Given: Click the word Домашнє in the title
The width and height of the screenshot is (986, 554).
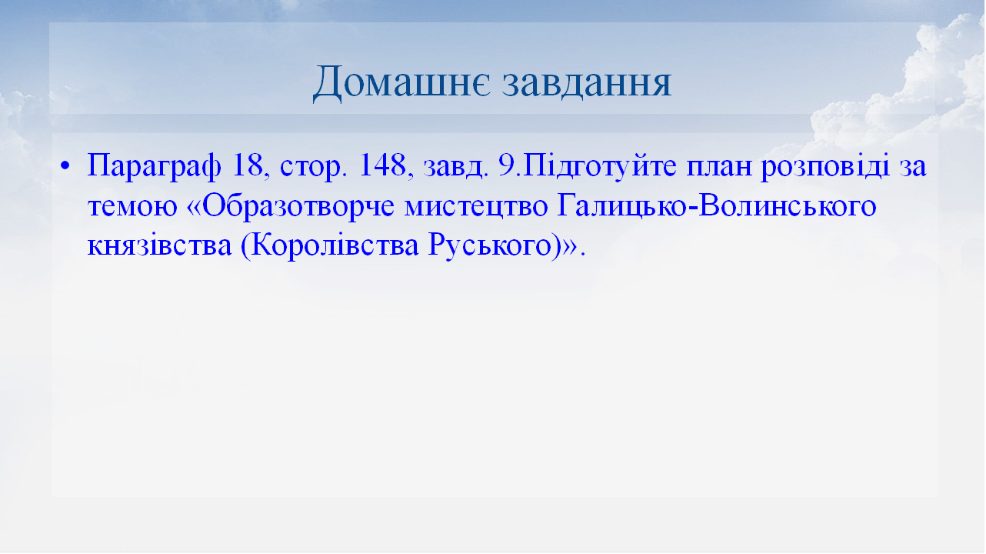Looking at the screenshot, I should (401, 83).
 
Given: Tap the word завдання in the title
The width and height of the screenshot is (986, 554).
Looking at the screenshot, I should (587, 83).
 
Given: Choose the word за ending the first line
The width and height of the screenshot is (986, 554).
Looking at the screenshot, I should (913, 167).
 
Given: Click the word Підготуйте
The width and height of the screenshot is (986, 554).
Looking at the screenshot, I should (598, 167).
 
